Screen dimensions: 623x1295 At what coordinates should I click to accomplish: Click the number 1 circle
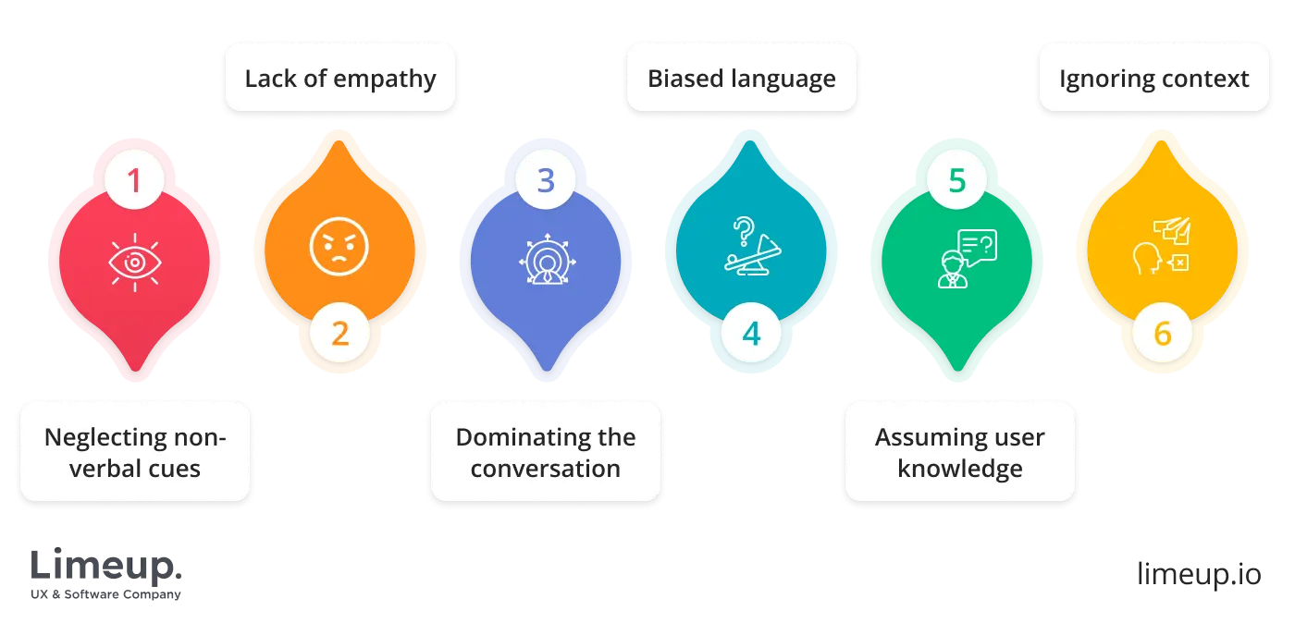coord(134,180)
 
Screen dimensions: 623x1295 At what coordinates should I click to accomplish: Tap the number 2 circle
coord(339,333)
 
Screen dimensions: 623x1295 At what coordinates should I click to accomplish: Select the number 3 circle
coord(546,180)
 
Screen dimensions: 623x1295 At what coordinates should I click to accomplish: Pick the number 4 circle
coord(751,333)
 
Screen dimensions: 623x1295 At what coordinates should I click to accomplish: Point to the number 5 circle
coord(957,180)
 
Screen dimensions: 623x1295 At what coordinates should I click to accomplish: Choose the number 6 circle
coord(1163,333)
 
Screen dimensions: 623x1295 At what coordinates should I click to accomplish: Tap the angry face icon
coord(339,247)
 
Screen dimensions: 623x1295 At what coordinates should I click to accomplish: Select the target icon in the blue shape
coord(546,262)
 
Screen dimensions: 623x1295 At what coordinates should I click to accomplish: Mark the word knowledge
coord(960,469)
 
